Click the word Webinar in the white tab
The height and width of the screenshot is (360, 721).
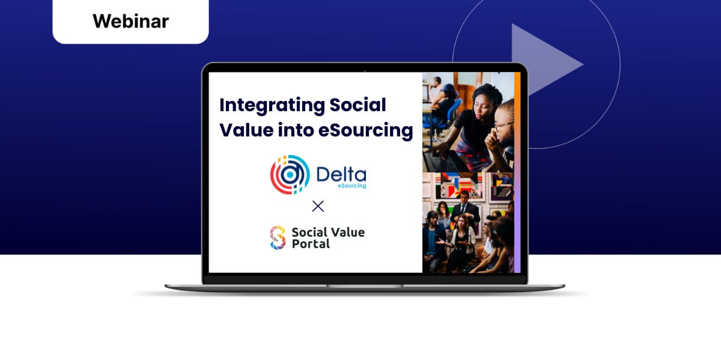point(131,21)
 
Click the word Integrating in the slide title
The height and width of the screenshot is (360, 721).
point(272,106)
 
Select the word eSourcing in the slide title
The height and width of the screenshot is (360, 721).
point(365,130)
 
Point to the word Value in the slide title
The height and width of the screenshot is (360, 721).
point(246,130)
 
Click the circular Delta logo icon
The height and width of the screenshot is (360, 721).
point(290,175)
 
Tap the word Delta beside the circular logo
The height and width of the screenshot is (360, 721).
point(341,174)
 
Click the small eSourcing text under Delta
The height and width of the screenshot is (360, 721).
point(352,186)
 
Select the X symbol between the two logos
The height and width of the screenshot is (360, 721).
point(318,206)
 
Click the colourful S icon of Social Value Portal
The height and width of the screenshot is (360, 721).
point(278,237)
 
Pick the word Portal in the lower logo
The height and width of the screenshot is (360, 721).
point(311,244)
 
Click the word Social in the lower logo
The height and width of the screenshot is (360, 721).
point(309,232)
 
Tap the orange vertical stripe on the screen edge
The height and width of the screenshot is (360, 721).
point(517,123)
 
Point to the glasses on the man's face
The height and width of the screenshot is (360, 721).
point(503,125)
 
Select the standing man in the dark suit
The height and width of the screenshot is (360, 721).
point(464,209)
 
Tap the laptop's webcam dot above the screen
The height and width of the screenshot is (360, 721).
point(365,70)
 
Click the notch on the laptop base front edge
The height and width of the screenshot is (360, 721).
point(365,286)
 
